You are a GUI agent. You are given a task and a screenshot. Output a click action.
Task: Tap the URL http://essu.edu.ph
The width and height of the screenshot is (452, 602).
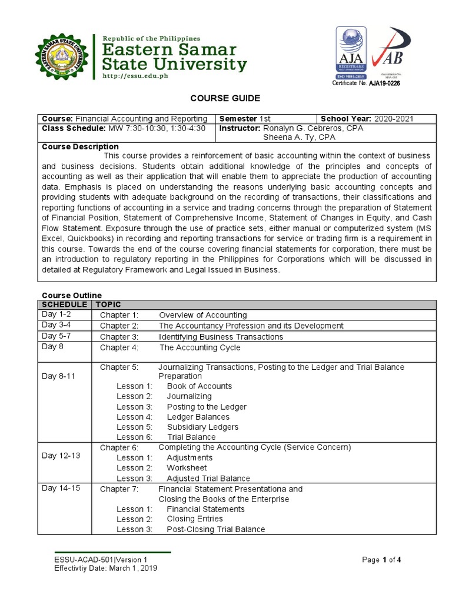(x=135, y=76)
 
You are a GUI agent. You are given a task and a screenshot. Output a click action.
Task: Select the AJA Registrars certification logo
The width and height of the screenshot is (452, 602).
(x=351, y=53)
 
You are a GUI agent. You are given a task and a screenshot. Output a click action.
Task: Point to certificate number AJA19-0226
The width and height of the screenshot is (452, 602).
(x=384, y=83)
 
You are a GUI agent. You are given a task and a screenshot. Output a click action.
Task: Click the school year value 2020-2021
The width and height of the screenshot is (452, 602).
(x=394, y=119)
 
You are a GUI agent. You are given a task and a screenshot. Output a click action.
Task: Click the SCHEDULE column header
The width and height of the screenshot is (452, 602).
(x=64, y=305)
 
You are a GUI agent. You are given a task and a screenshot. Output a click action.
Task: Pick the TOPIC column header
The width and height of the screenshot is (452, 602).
(x=108, y=305)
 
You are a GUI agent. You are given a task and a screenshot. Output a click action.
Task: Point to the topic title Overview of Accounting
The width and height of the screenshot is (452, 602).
(x=203, y=315)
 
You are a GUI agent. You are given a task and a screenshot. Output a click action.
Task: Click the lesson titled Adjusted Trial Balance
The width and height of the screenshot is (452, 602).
(x=208, y=479)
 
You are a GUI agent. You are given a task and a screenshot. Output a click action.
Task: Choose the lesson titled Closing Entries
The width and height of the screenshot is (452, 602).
(x=195, y=519)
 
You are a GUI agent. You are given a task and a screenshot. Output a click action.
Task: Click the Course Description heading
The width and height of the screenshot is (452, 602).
(x=80, y=146)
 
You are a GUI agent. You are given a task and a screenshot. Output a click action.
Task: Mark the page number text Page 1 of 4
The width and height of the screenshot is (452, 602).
(x=381, y=560)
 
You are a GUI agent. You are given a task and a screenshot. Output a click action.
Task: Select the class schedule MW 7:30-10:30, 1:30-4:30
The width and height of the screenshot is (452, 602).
(x=156, y=128)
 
